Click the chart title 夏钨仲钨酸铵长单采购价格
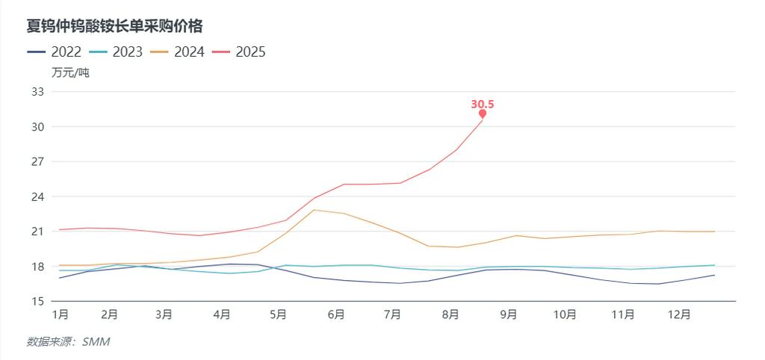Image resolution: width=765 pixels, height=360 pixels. [115, 26]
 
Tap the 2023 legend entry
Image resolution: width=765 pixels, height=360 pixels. [115, 52]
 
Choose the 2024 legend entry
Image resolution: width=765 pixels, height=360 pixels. [177, 52]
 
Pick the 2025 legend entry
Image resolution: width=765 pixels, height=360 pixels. [238, 52]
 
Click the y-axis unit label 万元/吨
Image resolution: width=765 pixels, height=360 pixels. [70, 72]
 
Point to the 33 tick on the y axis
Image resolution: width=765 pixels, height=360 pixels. [37, 92]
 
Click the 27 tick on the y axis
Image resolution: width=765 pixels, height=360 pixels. [37, 162]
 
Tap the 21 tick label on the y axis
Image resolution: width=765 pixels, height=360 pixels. [37, 232]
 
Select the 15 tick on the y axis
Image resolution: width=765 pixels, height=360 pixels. [37, 302]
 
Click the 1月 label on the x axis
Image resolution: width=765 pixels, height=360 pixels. [61, 315]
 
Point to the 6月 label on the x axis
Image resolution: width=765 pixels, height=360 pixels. [335, 315]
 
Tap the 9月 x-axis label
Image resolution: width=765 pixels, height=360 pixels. [508, 315]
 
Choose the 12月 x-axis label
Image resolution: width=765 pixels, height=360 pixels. [680, 315]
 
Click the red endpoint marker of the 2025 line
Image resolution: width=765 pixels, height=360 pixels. [483, 114]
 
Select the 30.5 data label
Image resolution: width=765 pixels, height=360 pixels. [483, 104]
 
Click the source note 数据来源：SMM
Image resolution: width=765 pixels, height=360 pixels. [69, 341]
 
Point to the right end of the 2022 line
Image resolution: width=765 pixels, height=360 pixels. [714, 275]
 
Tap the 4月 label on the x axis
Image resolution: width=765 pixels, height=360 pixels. [221, 315]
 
